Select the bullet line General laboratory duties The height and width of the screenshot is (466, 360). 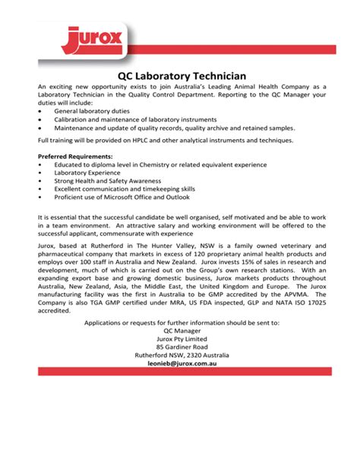pyautogui.click(x=92, y=110)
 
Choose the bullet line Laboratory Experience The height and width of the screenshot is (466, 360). pyautogui.click(x=87, y=173)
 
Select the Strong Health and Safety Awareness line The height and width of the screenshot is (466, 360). pyautogui.click(x=108, y=181)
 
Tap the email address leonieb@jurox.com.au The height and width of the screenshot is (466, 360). pyautogui.click(x=181, y=363)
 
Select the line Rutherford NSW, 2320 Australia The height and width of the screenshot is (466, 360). pyautogui.click(x=181, y=355)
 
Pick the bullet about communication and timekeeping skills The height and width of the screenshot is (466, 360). pyautogui.click(x=125, y=189)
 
